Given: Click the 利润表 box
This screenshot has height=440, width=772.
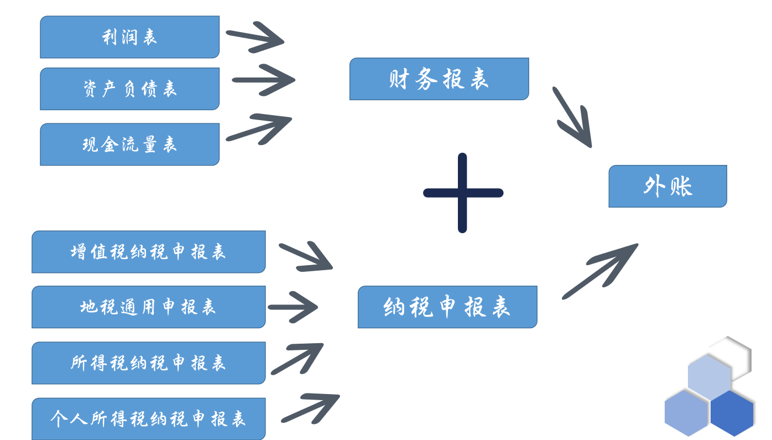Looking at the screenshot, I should pyautogui.click(x=129, y=37).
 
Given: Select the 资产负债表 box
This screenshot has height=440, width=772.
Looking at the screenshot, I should pyautogui.click(x=129, y=89).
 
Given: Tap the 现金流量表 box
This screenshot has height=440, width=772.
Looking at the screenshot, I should pyautogui.click(x=129, y=144).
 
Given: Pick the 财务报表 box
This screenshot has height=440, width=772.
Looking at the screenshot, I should pyautogui.click(x=439, y=79).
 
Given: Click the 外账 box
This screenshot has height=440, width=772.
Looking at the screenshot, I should pyautogui.click(x=667, y=187).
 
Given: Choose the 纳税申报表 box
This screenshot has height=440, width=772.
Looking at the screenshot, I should pyautogui.click(x=447, y=307).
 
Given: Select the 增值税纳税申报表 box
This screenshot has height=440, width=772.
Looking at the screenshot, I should pyautogui.click(x=148, y=252).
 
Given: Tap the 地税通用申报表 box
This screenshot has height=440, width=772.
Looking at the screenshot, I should pyautogui.click(x=148, y=307).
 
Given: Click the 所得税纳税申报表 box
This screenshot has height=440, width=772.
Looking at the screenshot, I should pyautogui.click(x=148, y=363).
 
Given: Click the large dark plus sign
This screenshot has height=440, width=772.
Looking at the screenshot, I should pyautogui.click(x=463, y=193).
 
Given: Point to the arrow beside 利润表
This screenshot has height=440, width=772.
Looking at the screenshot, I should pyautogui.click(x=256, y=37).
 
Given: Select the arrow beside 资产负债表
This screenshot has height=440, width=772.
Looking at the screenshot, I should pyautogui.click(x=264, y=80).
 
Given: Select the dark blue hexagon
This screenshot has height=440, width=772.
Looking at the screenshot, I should pyautogui.click(x=732, y=413).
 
